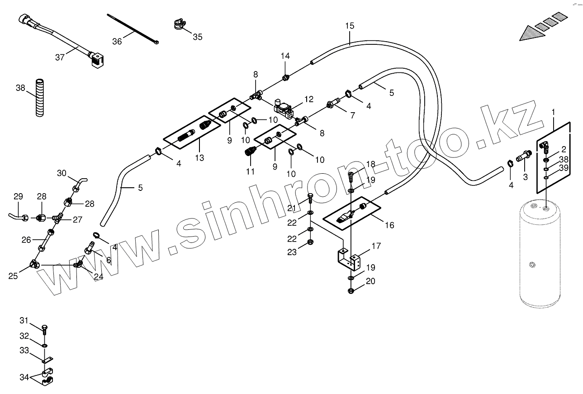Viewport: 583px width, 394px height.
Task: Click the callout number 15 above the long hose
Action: click(x=350, y=26)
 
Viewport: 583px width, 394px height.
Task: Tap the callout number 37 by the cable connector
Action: click(x=60, y=57)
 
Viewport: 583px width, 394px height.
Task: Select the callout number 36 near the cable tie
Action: click(x=117, y=41)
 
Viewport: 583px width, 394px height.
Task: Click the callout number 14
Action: click(x=284, y=56)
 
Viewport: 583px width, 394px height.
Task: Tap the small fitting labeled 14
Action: click(x=286, y=78)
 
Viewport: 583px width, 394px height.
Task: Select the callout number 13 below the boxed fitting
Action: click(x=199, y=157)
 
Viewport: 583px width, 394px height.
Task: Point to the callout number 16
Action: click(x=389, y=225)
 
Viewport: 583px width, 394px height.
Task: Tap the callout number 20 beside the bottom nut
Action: click(x=370, y=281)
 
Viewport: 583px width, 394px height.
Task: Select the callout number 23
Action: click(x=292, y=252)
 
